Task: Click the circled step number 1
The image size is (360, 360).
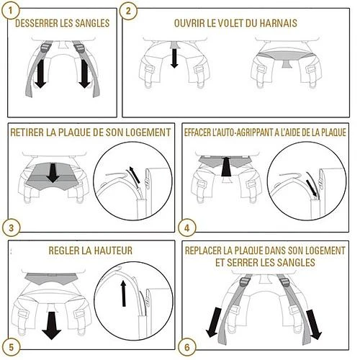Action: [10, 10]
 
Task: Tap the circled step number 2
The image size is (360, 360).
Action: [128, 11]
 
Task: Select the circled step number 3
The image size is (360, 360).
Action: [11, 228]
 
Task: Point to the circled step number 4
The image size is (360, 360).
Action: [187, 228]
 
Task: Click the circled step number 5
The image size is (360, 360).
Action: [11, 348]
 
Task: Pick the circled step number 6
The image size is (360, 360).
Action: [187, 347]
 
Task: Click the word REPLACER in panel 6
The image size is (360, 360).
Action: [203, 251]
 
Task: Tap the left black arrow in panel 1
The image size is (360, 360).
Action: [40, 73]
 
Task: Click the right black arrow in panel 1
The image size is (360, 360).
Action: [84, 73]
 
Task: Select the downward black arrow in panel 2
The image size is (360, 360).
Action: [174, 58]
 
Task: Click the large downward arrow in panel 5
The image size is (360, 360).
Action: [51, 325]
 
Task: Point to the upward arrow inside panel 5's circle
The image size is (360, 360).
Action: [123, 293]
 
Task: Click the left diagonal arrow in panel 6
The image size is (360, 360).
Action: [213, 323]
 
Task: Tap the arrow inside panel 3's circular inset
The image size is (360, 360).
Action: [135, 175]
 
